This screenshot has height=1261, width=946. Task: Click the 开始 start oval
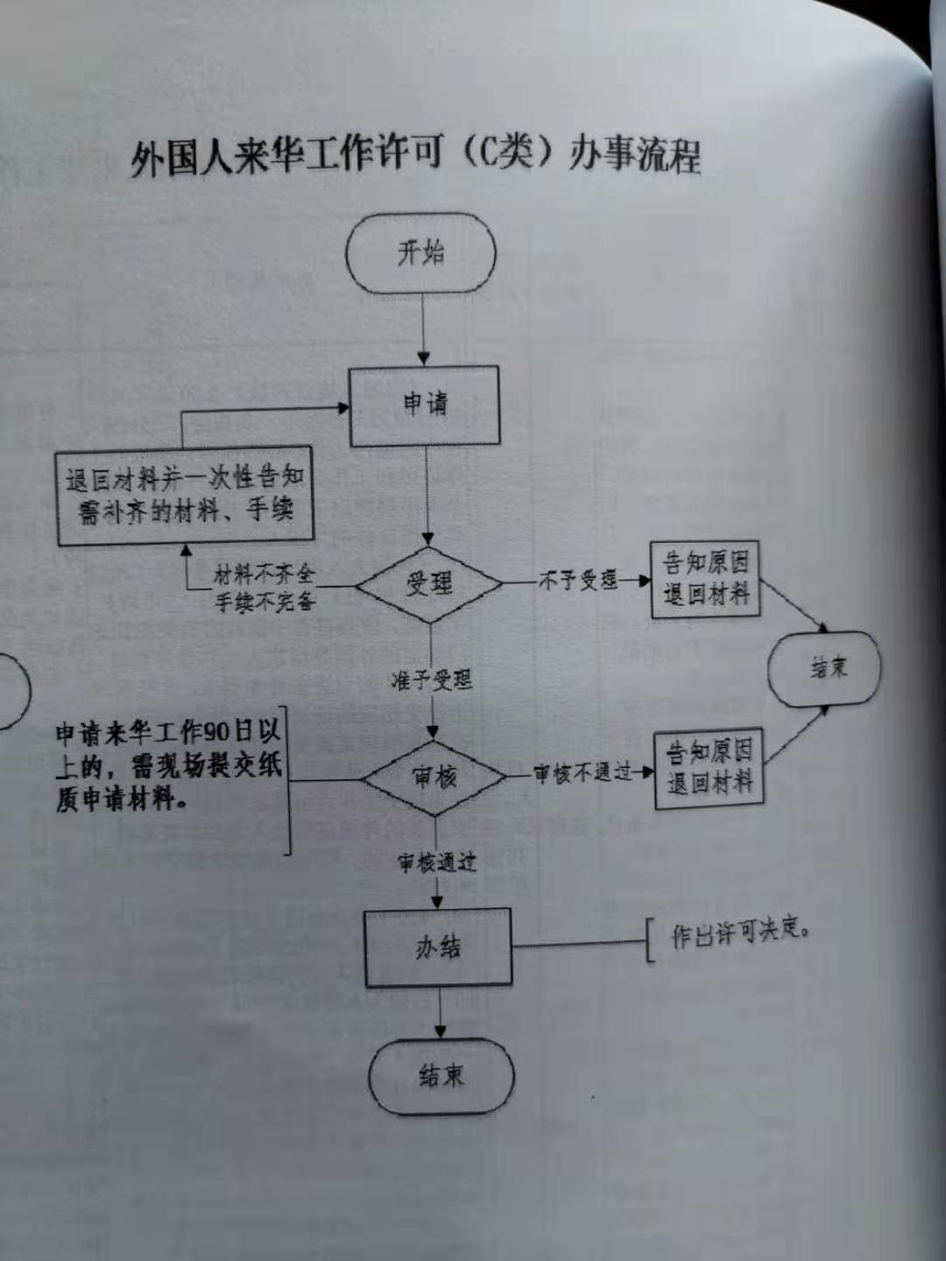(x=420, y=254)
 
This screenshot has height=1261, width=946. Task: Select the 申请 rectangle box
(x=425, y=405)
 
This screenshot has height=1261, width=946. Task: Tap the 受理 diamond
(x=428, y=583)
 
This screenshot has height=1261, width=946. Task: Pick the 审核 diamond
(x=434, y=776)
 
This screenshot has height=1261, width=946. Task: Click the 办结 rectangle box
(x=438, y=948)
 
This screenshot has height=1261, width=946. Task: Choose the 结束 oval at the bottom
(x=441, y=1075)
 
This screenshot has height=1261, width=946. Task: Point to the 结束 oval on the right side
(x=824, y=669)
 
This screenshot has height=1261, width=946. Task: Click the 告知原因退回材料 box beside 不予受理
(x=705, y=579)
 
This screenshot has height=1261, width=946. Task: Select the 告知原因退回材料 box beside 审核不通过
(x=709, y=767)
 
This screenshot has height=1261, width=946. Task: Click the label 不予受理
(x=578, y=580)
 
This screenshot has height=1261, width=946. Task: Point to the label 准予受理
(x=431, y=680)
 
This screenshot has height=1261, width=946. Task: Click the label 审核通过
(x=436, y=863)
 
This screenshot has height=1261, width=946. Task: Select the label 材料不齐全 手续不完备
(x=264, y=588)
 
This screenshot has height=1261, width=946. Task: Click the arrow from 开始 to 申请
(x=423, y=328)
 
